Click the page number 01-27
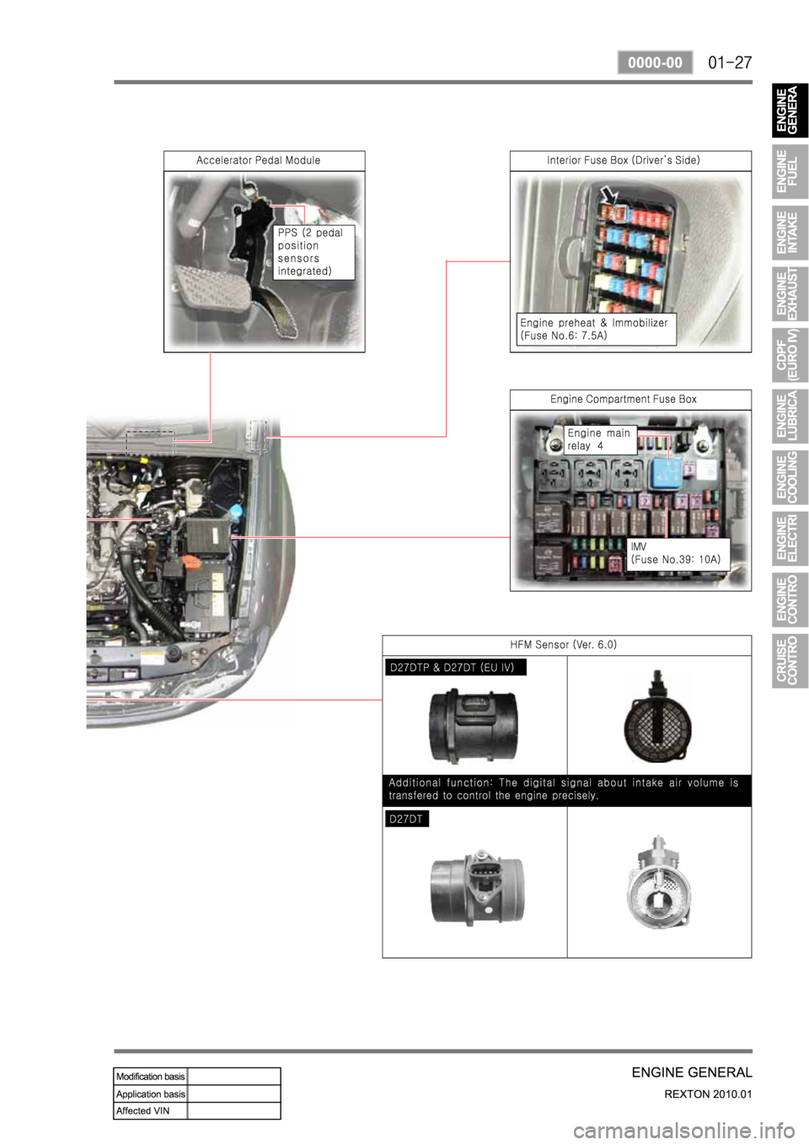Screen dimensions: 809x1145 [730, 63]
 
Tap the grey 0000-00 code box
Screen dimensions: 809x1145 [655, 62]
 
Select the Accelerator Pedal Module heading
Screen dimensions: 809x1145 [259, 160]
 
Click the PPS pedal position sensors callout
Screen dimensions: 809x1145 [313, 252]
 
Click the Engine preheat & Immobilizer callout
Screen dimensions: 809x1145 [596, 329]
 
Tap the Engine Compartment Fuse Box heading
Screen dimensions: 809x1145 [624, 399]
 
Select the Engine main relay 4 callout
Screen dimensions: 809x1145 [600, 439]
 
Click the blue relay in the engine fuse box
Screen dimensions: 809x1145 [665, 474]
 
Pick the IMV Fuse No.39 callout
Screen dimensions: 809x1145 [678, 554]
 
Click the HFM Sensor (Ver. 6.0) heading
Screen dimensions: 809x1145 [563, 644]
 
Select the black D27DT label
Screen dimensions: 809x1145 [407, 819]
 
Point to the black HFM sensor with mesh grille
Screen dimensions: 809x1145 [658, 717]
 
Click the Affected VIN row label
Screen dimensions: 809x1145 [143, 1110]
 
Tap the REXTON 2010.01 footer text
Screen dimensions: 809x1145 [709, 1094]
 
